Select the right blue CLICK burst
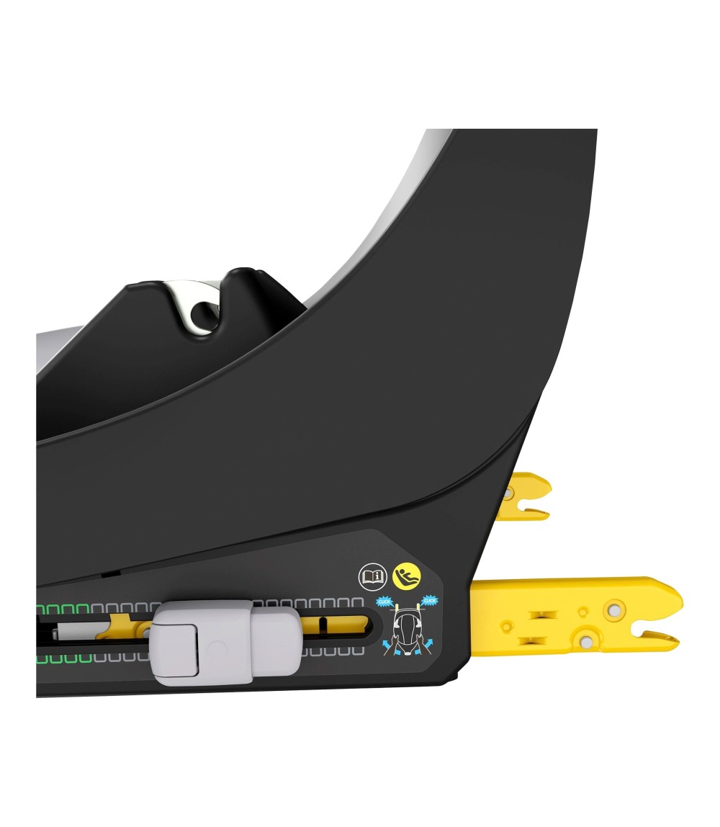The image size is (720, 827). [431, 599]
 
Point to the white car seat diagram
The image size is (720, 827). [406, 626]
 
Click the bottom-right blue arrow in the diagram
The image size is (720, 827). [427, 643]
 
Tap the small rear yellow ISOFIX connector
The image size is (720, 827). [524, 495]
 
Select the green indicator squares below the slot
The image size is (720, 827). [65, 658]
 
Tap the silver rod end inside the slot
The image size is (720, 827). [72, 632]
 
